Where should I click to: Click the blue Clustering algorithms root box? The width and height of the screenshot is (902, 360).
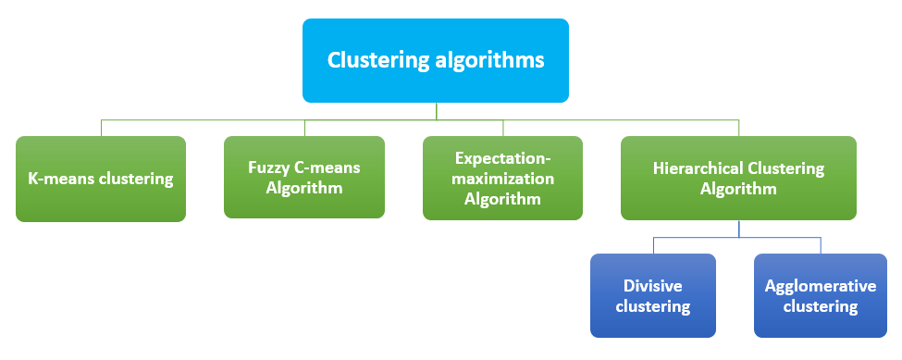pyautogui.click(x=435, y=60)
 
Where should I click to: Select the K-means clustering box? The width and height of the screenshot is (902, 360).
pyautogui.click(x=101, y=179)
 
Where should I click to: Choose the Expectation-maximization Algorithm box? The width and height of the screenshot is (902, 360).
pyautogui.click(x=502, y=178)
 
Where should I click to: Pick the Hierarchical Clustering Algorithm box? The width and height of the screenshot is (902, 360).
pyautogui.click(x=737, y=178)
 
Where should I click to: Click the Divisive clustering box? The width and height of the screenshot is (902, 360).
pyautogui.click(x=654, y=295)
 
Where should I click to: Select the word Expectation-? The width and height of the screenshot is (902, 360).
pyautogui.click(x=503, y=159)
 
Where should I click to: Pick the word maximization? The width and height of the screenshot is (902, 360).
pyautogui.click(x=503, y=178)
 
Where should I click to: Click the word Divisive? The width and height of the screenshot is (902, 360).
pyautogui.click(x=654, y=286)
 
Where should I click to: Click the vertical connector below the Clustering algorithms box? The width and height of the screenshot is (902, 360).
pyautogui.click(x=436, y=110)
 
